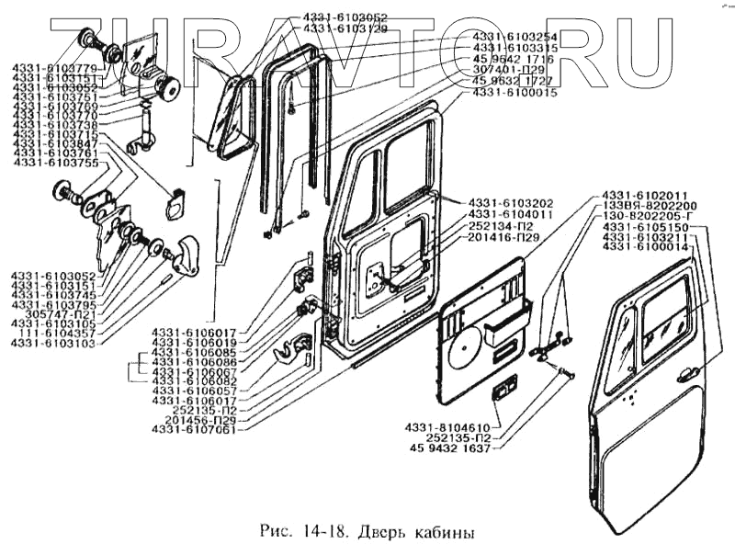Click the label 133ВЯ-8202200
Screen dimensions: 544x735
(x=650, y=206)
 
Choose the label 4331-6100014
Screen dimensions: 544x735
(x=650, y=248)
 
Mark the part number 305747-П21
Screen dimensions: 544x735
(x=58, y=312)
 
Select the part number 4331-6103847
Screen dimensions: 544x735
(x=53, y=145)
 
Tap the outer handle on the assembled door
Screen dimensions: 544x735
(x=684, y=375)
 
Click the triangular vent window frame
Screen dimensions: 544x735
(x=230, y=115)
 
